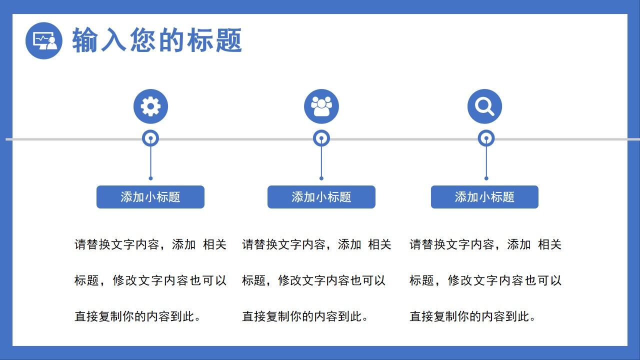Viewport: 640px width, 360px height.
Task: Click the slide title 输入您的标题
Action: click(x=157, y=40)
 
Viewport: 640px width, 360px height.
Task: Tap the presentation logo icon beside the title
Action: click(x=44, y=40)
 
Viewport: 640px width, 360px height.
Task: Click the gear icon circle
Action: click(x=150, y=106)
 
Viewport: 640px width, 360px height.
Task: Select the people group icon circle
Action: click(x=321, y=106)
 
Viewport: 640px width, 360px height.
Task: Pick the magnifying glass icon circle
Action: click(x=484, y=106)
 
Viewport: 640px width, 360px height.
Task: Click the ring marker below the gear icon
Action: click(x=150, y=138)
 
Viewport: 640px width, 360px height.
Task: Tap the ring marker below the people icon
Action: click(x=321, y=138)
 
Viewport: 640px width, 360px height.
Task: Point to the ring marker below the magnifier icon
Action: click(x=486, y=138)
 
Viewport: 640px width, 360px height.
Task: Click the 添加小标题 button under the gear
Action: click(x=150, y=197)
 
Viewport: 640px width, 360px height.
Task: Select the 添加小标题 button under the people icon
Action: click(x=321, y=197)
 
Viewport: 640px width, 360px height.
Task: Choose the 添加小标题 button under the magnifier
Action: click(x=484, y=197)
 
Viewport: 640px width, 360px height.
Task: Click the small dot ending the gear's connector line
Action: click(x=150, y=178)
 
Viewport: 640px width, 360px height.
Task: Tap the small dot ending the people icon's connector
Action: click(x=321, y=178)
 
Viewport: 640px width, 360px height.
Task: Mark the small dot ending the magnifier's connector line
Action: click(x=486, y=178)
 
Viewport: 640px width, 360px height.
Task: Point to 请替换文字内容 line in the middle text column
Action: click(x=316, y=244)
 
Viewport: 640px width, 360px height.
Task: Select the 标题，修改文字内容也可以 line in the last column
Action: click(x=485, y=280)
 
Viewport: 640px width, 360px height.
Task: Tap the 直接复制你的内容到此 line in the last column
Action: click(x=473, y=316)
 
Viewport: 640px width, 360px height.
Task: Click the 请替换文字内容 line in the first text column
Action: click(x=150, y=244)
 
